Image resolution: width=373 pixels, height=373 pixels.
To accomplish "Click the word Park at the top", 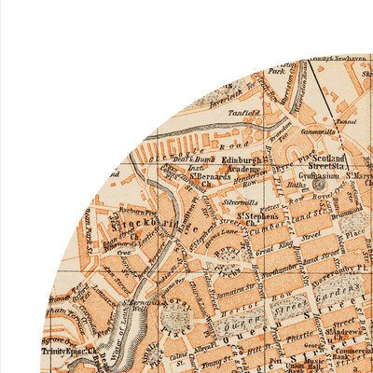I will click(275, 71).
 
